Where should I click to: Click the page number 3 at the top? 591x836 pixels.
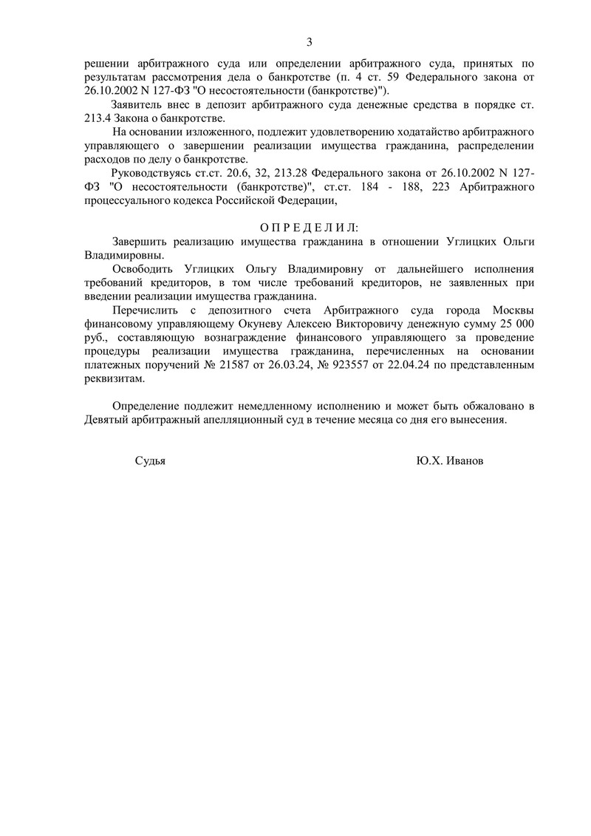coord(310,41)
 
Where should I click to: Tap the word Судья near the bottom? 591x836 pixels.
coord(150,460)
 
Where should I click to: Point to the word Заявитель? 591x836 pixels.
coord(136,106)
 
